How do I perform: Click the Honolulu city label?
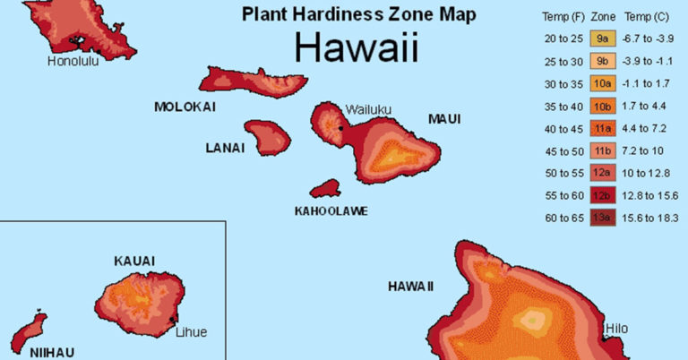pyautogui.click(x=73, y=61)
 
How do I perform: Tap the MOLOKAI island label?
pyautogui.click(x=185, y=107)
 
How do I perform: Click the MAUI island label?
pyautogui.click(x=444, y=118)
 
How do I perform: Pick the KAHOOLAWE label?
pyautogui.click(x=331, y=211)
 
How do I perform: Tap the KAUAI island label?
pyautogui.click(x=134, y=261)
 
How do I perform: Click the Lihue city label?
pyautogui.click(x=191, y=331)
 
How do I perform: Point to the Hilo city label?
pyautogui.click(x=616, y=329)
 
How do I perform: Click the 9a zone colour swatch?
pyautogui.click(x=603, y=38)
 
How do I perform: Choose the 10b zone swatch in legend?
pyautogui.click(x=603, y=107)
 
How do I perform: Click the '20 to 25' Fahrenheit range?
pyautogui.click(x=563, y=38)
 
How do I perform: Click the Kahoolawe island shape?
pyautogui.click(x=325, y=189)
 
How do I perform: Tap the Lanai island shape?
pyautogui.click(x=268, y=137)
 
